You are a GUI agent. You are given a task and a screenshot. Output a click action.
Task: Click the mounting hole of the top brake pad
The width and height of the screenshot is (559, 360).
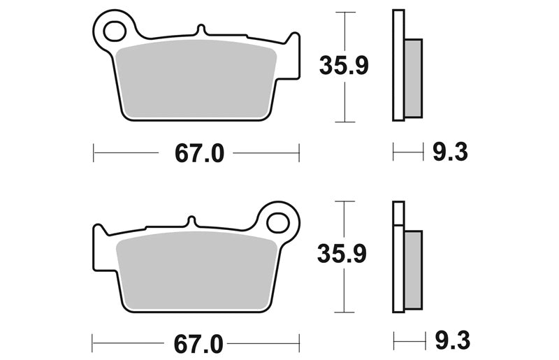(115, 31)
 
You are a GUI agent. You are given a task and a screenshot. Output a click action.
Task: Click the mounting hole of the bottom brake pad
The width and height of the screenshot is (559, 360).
(277, 224)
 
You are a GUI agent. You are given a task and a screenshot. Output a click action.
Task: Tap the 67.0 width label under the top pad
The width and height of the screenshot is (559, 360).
(199, 153)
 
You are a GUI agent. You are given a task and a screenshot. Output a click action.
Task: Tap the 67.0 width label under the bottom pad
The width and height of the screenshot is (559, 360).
(198, 345)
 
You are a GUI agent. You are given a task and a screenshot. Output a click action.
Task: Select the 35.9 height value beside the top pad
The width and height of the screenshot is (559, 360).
(344, 65)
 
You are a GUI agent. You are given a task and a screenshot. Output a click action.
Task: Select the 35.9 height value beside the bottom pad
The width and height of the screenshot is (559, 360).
(342, 254)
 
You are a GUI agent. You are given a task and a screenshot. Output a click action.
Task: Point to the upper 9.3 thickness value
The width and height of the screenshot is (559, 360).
(450, 152)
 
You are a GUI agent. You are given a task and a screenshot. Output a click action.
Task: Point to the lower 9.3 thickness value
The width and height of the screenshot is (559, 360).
(452, 340)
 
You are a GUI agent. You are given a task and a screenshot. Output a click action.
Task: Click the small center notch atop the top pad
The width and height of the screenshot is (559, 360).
(201, 29)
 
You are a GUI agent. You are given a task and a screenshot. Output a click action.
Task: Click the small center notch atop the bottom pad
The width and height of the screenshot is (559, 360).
(191, 221)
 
